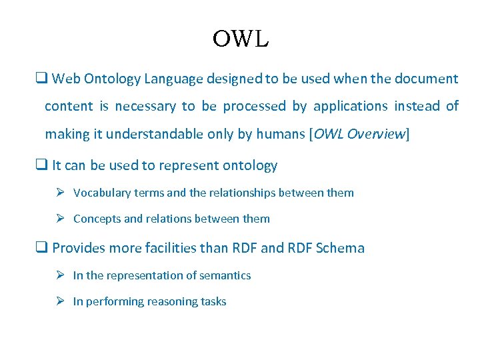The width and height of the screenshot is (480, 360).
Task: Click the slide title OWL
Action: tap(240, 39)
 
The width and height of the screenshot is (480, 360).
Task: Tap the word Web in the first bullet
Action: tap(66, 79)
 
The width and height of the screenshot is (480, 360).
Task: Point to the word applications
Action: tap(350, 107)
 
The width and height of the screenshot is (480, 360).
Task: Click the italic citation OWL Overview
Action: tap(359, 134)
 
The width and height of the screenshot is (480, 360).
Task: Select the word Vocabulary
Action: tap(101, 193)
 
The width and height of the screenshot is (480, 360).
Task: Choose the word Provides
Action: tap(80, 249)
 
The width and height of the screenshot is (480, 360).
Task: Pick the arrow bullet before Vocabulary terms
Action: tap(61, 193)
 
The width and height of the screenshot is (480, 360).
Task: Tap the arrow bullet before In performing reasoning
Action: tap(61, 301)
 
